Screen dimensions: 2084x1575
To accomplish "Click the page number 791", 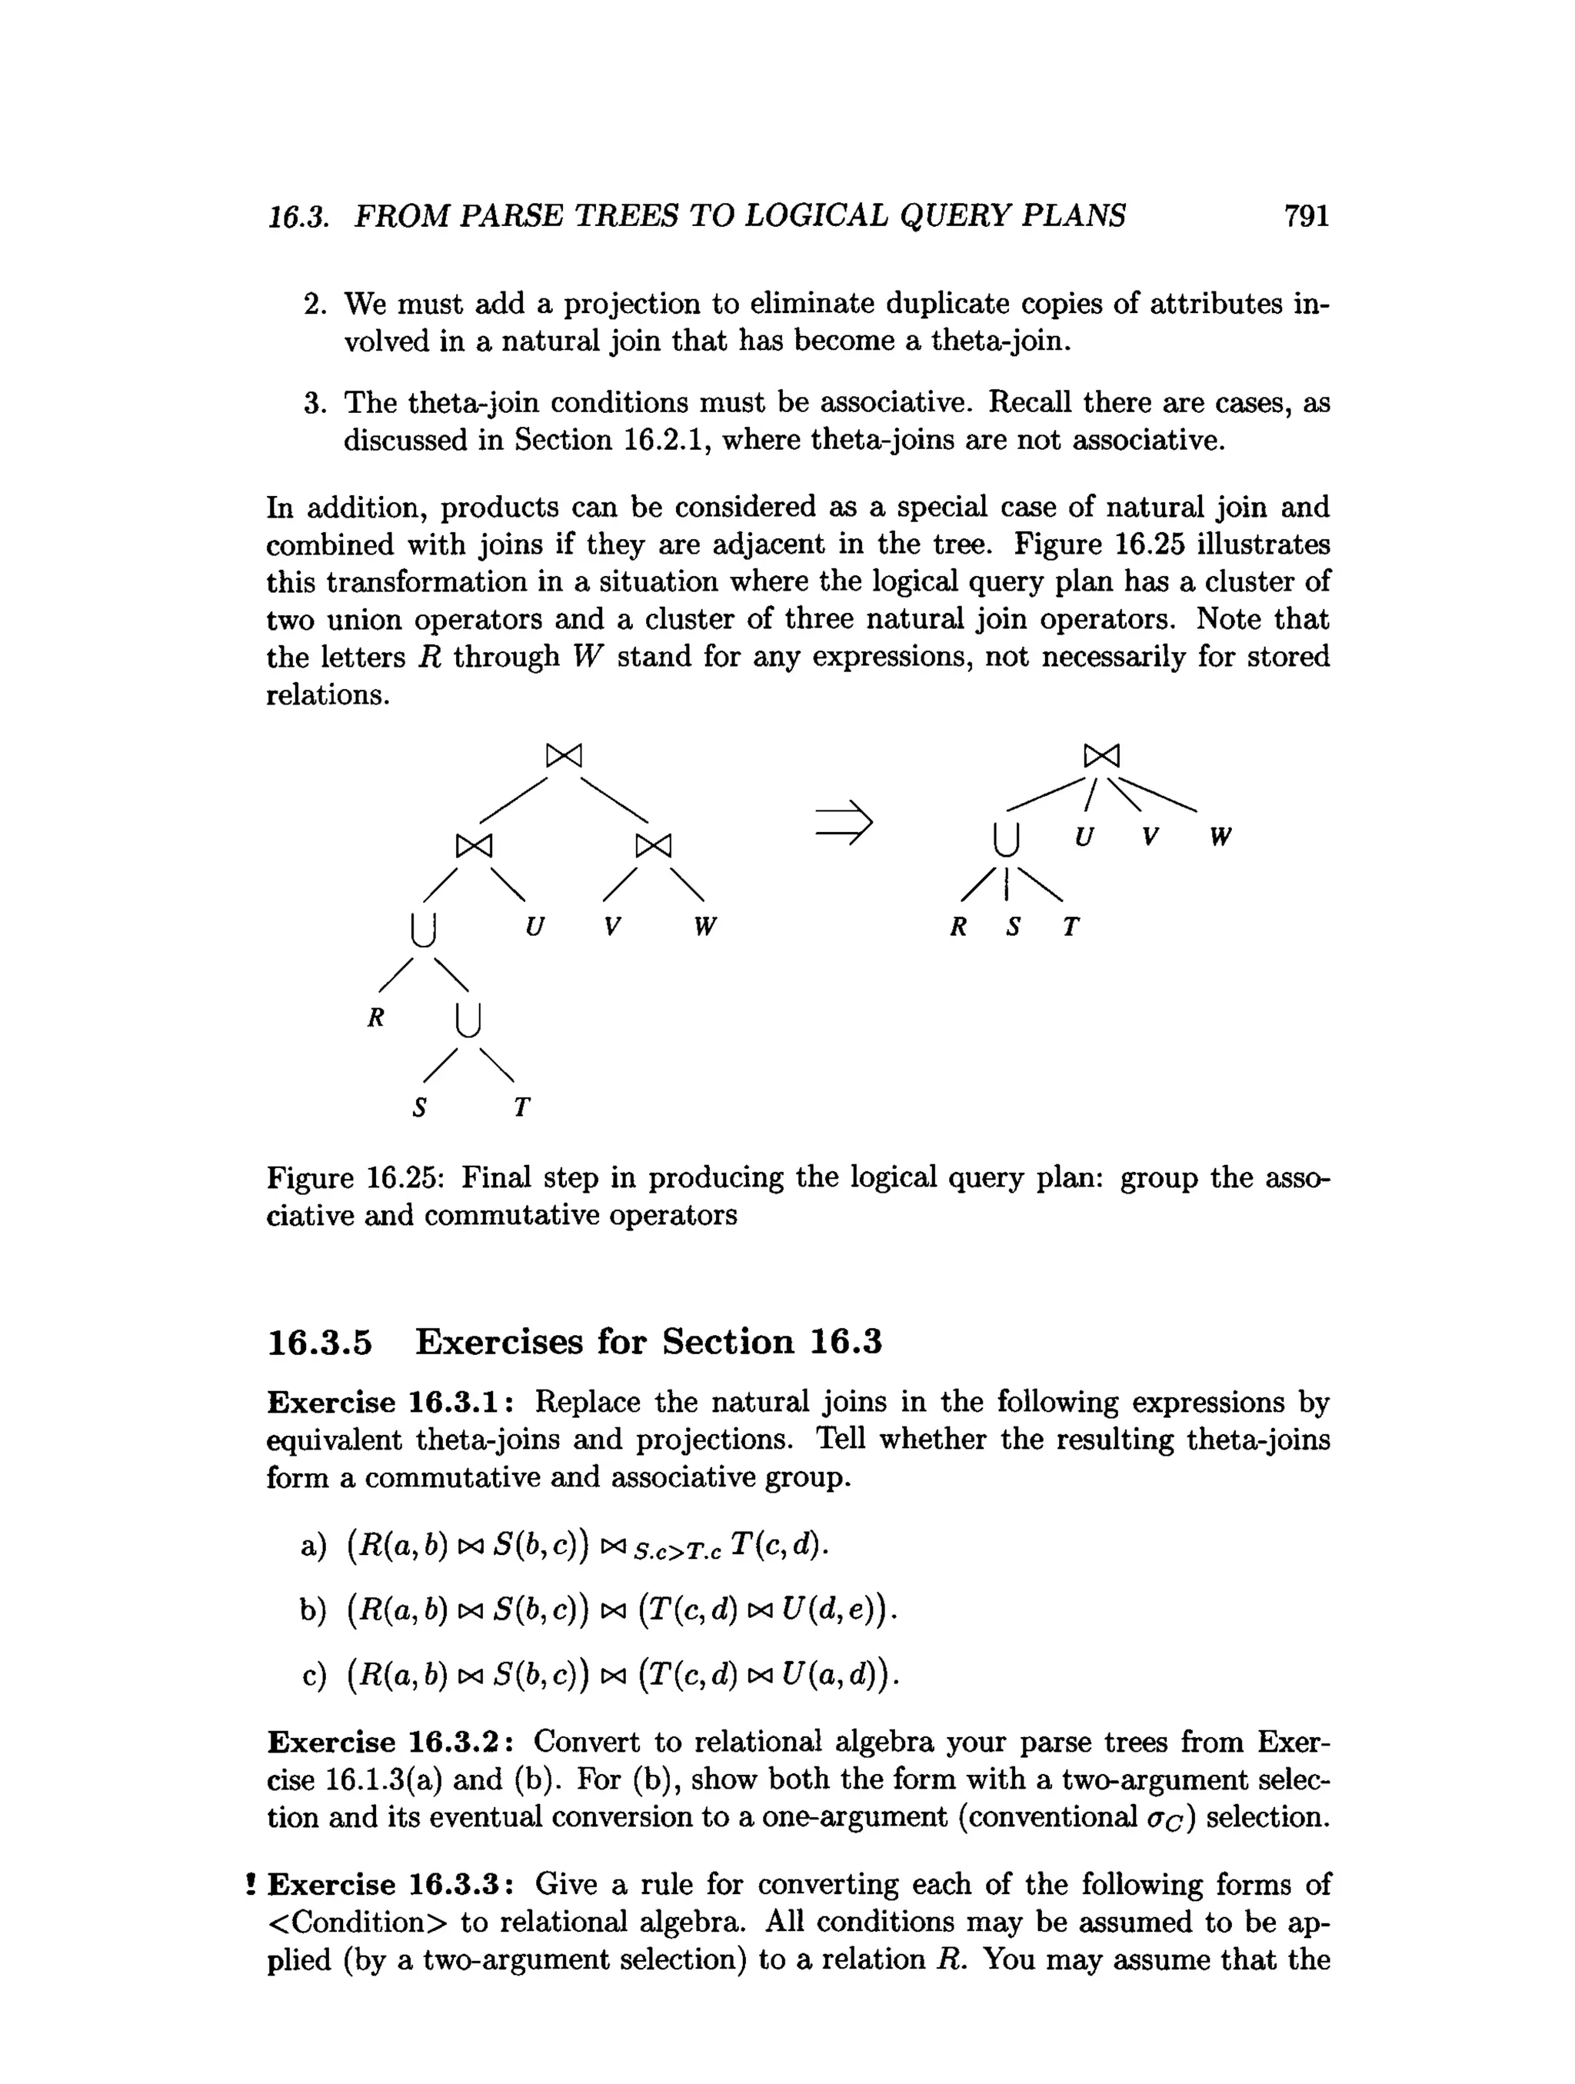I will (x=1306, y=217).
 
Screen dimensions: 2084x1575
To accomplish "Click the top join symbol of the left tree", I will (x=564, y=756).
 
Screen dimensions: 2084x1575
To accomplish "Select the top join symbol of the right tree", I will (x=1101, y=756).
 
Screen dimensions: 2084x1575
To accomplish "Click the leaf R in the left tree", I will (x=376, y=1017).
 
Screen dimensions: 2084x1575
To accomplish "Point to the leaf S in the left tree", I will (x=420, y=1107).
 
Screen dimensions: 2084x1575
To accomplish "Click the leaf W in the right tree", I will (x=1220, y=837).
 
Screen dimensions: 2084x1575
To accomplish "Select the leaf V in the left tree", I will (x=612, y=927).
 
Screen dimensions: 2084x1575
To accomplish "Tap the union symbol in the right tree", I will (x=1007, y=838).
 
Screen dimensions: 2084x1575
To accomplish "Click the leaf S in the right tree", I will (x=1014, y=927).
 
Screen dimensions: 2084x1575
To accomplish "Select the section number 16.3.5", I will (x=320, y=1342).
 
